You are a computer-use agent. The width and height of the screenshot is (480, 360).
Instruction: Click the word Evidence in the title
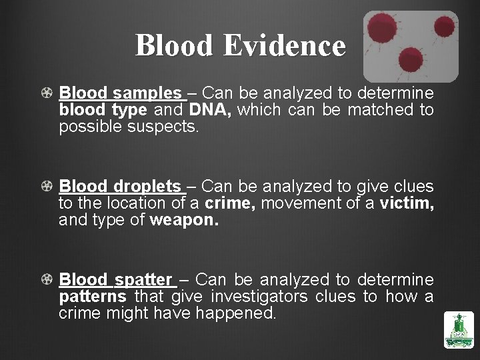(x=285, y=46)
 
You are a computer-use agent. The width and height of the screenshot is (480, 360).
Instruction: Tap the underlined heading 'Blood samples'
(x=120, y=93)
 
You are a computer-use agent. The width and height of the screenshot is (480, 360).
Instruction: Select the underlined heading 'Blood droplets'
(x=120, y=186)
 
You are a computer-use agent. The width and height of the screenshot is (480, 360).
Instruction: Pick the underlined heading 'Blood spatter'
(x=115, y=279)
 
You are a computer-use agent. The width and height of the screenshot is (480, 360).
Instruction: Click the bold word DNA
(x=210, y=109)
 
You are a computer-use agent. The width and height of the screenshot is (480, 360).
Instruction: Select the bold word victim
(x=407, y=203)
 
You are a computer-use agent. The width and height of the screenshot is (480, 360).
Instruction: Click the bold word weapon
(x=184, y=219)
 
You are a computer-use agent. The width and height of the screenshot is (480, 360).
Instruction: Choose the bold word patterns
(x=92, y=296)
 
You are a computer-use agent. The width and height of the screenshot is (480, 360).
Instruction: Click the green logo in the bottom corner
(x=458, y=330)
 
